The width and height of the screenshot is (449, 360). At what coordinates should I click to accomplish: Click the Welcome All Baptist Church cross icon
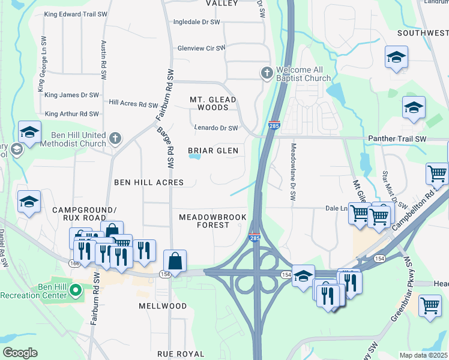point(267,73)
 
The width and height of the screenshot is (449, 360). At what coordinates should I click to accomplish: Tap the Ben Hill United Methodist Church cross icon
point(115,139)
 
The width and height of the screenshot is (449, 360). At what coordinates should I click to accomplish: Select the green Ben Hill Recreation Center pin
point(75,290)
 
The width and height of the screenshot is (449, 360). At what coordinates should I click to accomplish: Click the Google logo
point(20,353)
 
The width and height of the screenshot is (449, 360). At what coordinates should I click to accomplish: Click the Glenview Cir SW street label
point(201,48)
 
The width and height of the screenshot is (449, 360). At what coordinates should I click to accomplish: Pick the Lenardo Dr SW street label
point(215,128)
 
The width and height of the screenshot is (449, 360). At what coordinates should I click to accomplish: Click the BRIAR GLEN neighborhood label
point(212,151)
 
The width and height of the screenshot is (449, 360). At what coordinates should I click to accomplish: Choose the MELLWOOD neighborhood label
point(163,305)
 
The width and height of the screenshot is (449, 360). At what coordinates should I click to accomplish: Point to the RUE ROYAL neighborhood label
point(181,354)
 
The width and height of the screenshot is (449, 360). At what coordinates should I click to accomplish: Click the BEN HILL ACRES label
point(148,181)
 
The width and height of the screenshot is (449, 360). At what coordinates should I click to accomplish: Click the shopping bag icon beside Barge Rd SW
point(175,261)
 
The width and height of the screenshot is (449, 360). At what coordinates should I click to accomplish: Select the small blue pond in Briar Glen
point(194,157)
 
